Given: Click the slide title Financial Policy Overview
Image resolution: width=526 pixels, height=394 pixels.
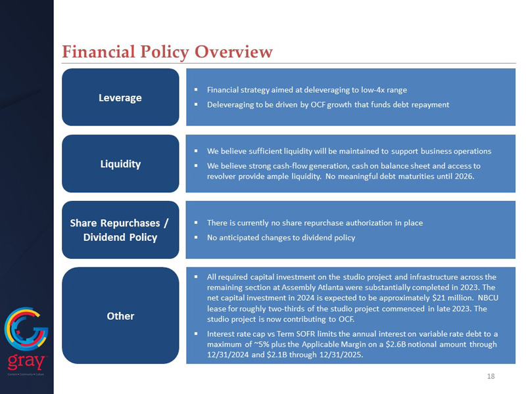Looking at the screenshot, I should click(167, 52).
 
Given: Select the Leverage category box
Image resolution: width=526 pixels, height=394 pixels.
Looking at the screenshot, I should click(120, 97).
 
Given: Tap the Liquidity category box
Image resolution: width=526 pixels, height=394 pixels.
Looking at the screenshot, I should click(120, 164).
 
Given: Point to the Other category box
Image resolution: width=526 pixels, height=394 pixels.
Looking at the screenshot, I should click(120, 316).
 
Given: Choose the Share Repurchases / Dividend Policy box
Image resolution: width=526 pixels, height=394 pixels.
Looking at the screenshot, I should click(120, 230).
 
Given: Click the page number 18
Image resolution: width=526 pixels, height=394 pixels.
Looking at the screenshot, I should click(490, 376).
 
